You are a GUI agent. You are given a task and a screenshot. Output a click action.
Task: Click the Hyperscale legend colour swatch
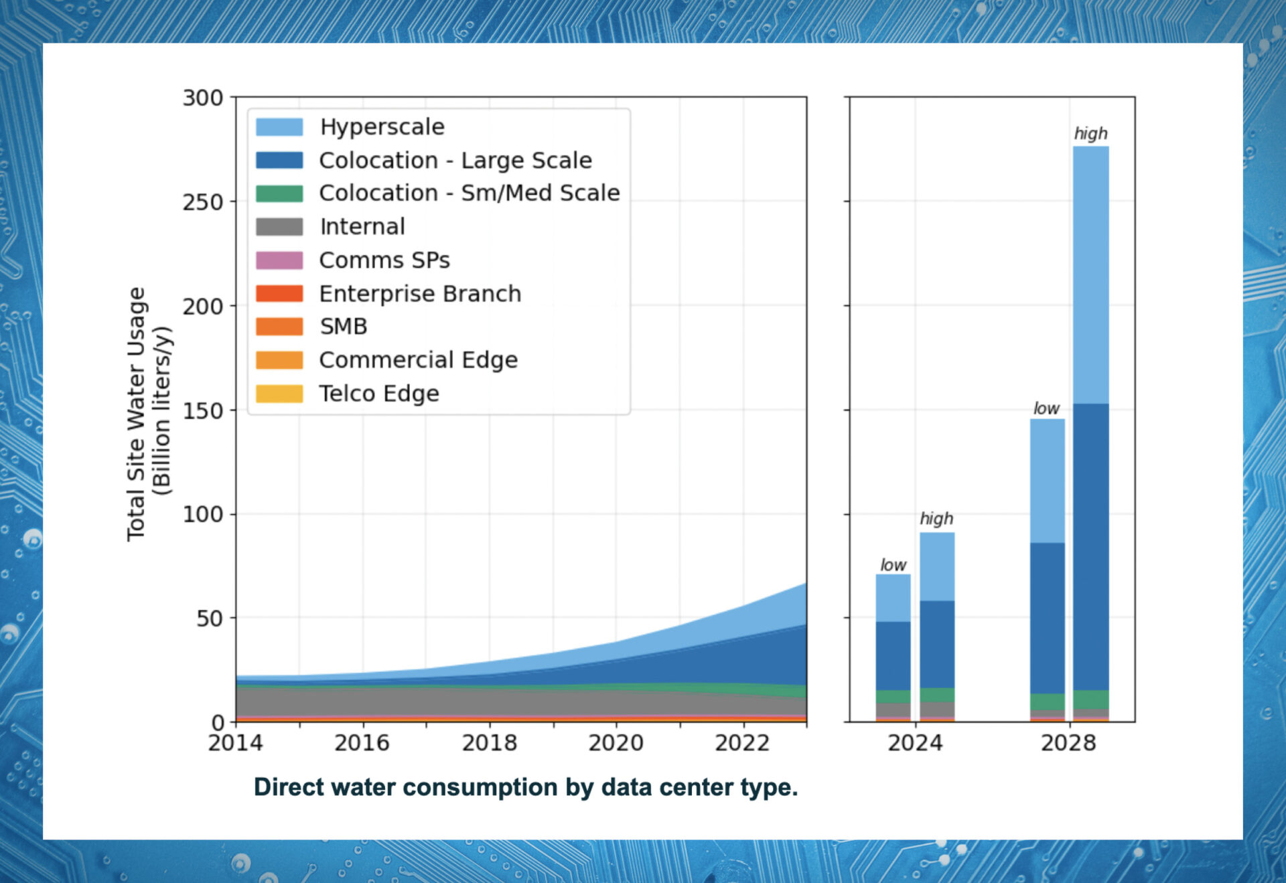coord(279,127)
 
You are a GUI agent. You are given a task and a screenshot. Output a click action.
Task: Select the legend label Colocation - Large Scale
coord(455,160)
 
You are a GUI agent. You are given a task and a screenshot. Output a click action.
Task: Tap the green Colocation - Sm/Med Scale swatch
coord(279,193)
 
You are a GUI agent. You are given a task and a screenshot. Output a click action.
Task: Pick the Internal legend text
coord(362,226)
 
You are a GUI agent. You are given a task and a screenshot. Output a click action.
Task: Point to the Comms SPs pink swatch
coord(279,260)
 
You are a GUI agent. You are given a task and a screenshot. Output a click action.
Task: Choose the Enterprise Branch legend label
coord(420,293)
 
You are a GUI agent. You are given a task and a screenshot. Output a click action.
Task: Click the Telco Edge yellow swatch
coord(279,393)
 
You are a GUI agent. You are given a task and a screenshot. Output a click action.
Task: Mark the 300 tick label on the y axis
coord(203,98)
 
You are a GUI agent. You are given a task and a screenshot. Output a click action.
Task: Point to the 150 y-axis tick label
coord(203,410)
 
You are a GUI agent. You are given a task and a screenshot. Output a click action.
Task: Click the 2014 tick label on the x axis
coord(236,742)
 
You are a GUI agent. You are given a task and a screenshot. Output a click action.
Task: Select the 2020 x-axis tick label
coord(616,742)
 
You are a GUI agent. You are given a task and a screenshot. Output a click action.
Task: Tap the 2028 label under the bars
coord(1068,742)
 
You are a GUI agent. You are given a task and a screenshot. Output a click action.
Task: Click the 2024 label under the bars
coord(915,742)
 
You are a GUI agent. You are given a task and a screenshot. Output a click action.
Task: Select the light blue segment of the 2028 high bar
coord(1090,274)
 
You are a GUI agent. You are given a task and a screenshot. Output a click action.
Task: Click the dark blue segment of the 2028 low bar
coord(1047,618)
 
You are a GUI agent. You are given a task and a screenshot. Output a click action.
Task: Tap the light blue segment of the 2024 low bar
coord(893,598)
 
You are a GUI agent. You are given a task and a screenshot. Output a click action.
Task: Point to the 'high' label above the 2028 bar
coord(1090,133)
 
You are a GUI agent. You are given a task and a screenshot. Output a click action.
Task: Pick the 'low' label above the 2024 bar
coord(893,565)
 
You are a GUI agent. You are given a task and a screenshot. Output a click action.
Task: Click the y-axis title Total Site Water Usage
coord(136,414)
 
